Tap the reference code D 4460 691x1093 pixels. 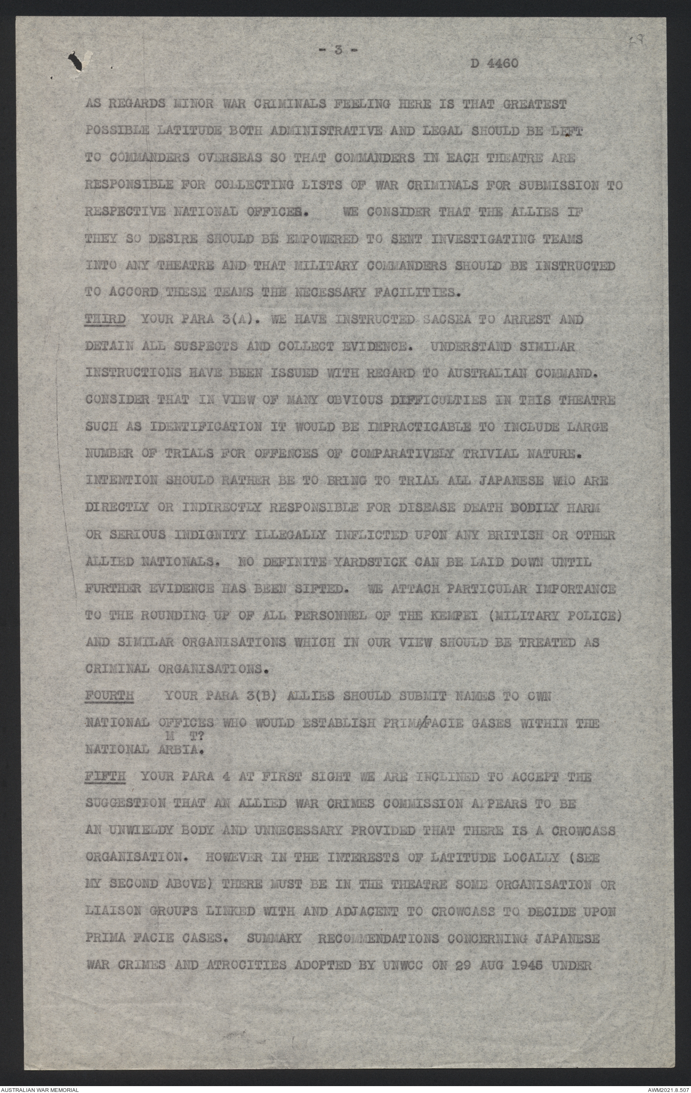coord(494,63)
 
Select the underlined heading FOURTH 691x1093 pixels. coord(108,696)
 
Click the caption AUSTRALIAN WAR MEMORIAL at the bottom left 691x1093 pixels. coord(40,1088)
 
